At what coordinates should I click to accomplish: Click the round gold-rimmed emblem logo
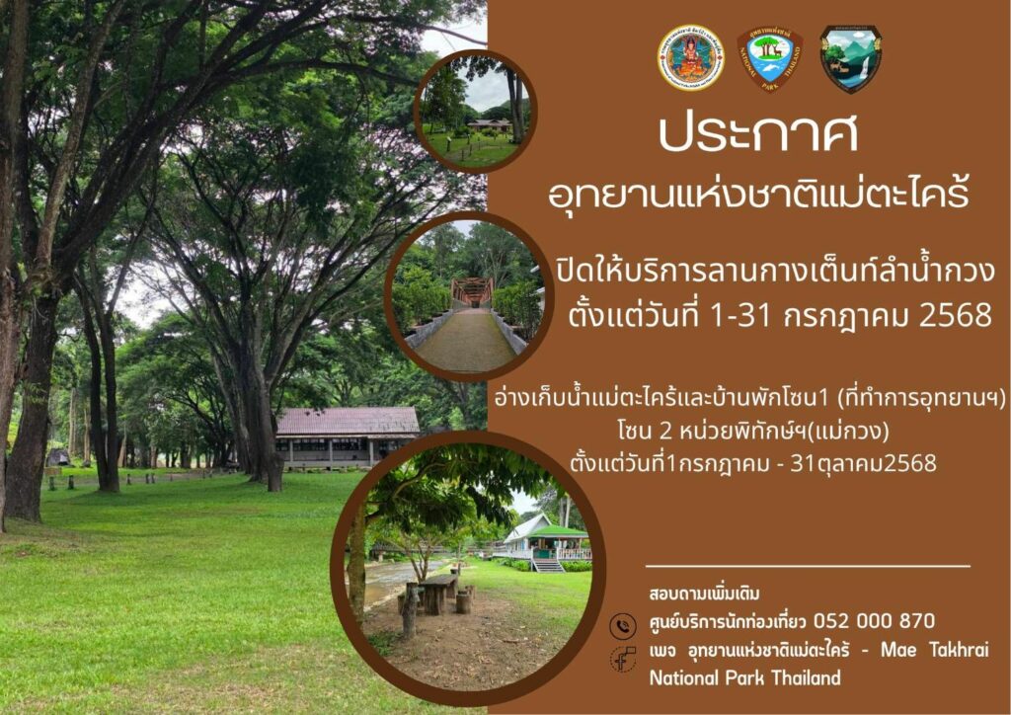[690, 58]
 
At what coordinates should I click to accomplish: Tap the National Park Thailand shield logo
[770, 58]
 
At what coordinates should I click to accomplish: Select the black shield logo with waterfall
[851, 58]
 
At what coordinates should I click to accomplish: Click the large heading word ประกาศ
[758, 133]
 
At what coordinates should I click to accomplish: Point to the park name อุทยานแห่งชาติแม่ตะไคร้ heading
[758, 193]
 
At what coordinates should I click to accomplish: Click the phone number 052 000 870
[874, 621]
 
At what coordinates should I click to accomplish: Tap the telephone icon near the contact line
[623, 625]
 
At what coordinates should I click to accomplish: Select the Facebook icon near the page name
[624, 660]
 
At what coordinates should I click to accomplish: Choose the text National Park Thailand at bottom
[744, 677]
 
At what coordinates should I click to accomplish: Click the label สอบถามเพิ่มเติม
[704, 594]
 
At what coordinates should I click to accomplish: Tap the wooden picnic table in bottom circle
[438, 592]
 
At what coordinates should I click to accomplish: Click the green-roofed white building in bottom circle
[547, 543]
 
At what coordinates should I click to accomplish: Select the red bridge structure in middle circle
[472, 291]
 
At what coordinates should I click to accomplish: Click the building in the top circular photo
[489, 124]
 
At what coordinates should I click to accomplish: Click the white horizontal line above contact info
[808, 566]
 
